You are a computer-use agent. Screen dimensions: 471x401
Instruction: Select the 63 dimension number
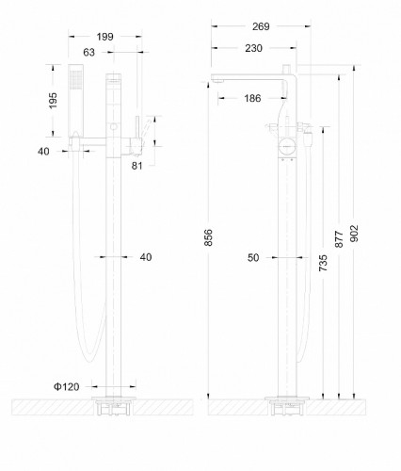(x=89, y=54)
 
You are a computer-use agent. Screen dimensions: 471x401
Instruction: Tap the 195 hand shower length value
(x=55, y=101)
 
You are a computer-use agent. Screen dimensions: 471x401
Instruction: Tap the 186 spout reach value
(x=253, y=97)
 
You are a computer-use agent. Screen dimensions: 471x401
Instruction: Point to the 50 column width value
(x=254, y=256)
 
